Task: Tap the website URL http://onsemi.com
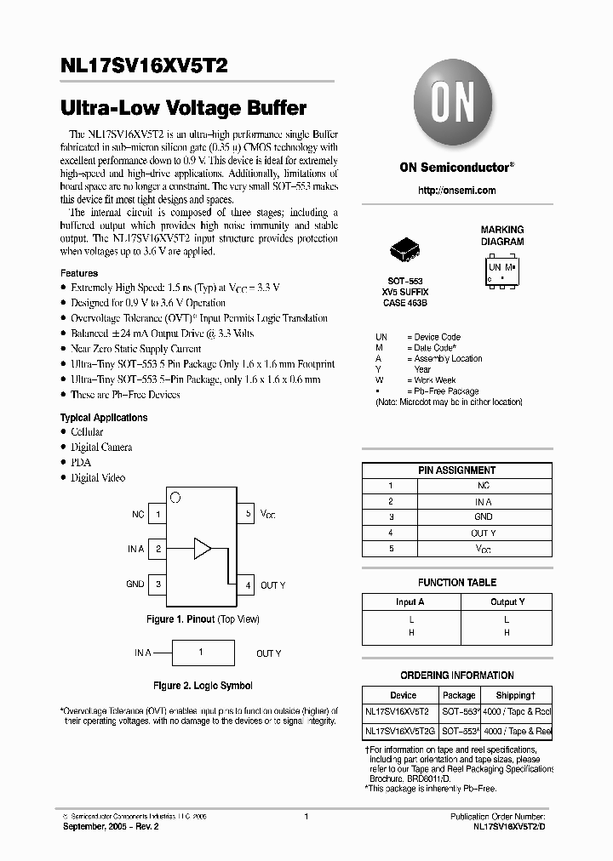coord(456,191)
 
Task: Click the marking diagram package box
coord(502,271)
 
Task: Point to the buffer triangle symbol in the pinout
coord(202,548)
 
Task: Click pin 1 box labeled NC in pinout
coord(158,515)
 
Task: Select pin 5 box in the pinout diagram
coord(247,515)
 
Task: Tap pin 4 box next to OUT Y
coord(247,584)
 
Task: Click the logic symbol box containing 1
coord(201,653)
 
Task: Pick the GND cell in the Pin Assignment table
coord(483,516)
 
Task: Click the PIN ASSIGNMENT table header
coord(456,470)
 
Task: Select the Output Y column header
coord(507,602)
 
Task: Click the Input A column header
coord(410,602)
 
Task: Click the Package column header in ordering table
coord(459,695)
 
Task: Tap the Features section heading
coord(79,273)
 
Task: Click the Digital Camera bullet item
coord(101,448)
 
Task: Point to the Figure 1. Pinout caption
coord(203,619)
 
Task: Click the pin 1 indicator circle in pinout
coord(175,497)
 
